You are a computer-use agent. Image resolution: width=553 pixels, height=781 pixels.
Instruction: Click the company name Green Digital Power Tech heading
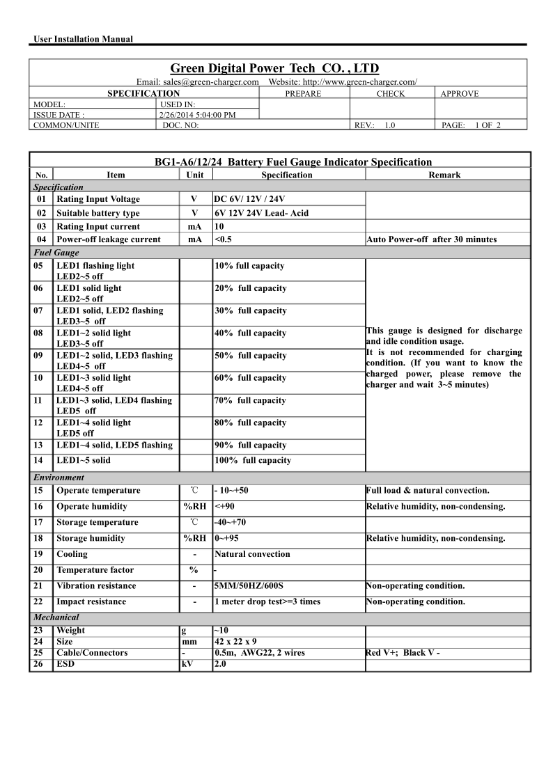click(275, 68)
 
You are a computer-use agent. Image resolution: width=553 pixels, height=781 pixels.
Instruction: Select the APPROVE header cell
click(459, 93)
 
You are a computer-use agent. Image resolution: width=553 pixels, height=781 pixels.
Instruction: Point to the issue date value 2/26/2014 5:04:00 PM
click(197, 115)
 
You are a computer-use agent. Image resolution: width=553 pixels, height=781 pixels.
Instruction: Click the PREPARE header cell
click(303, 93)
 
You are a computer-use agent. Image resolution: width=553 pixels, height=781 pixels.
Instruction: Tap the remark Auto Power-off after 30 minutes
click(431, 239)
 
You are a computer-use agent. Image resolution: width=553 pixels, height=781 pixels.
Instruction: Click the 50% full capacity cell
click(250, 356)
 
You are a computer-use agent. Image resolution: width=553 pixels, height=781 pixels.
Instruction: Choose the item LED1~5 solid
click(83, 460)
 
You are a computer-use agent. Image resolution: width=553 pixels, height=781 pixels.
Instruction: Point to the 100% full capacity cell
click(253, 460)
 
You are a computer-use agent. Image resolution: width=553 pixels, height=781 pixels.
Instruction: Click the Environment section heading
click(59, 478)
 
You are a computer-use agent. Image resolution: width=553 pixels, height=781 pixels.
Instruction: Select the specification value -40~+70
click(231, 522)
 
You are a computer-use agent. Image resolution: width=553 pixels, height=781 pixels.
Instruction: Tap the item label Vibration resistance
click(96, 585)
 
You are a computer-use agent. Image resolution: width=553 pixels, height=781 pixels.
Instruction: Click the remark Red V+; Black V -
click(403, 652)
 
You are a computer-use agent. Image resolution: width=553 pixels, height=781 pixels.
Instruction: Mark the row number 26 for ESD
click(38, 663)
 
